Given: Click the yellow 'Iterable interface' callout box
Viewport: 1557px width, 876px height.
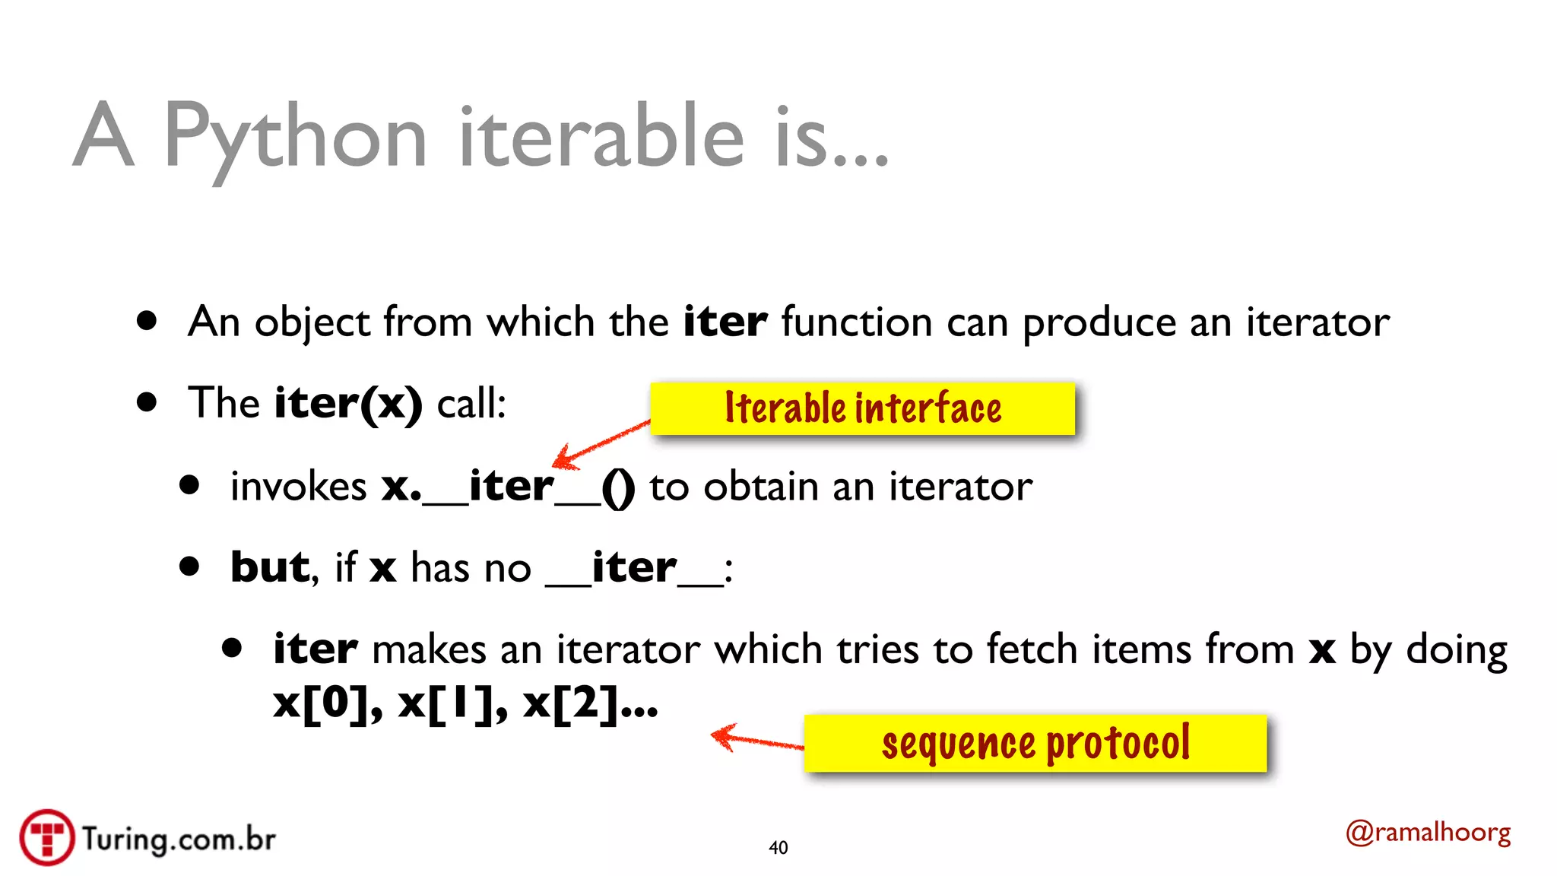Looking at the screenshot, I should tap(862, 408).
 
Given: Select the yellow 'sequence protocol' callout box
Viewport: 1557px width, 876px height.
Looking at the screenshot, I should tap(1035, 743).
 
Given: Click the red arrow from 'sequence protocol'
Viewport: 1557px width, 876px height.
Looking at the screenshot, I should tap(756, 738).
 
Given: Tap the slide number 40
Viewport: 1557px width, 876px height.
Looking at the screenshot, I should tap(778, 847).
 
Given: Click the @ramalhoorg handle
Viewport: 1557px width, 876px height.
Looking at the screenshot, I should tap(1428, 833).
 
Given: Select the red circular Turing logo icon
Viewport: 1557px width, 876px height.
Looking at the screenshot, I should tap(47, 837).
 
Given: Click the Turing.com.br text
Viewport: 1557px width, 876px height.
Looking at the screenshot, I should tap(179, 839).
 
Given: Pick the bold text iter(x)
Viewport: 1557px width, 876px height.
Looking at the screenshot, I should tap(348, 403).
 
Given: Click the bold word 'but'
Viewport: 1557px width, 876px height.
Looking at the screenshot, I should tap(270, 567).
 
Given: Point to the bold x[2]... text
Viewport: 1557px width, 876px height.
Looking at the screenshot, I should tap(590, 703).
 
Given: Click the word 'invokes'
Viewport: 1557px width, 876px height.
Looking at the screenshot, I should tap(299, 487).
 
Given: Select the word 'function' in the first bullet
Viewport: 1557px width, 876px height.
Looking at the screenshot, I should tap(857, 322).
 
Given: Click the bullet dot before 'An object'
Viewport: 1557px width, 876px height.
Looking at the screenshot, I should tap(147, 320).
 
